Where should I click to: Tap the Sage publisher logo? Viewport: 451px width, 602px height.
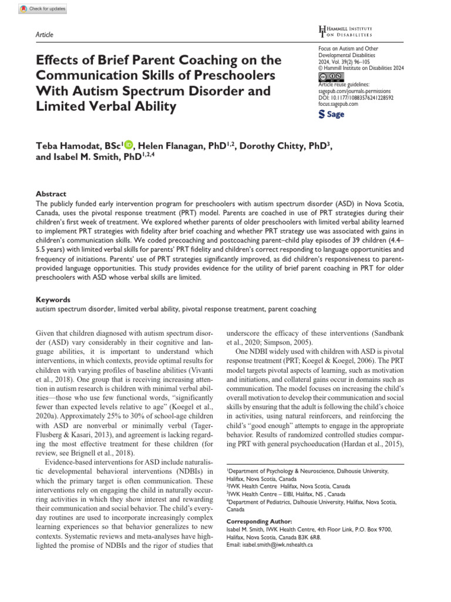click(331, 115)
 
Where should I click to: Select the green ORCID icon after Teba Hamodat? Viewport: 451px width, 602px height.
click(129, 146)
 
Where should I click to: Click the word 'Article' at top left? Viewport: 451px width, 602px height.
click(45, 35)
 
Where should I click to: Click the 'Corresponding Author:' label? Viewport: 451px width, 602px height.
click(259, 521)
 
